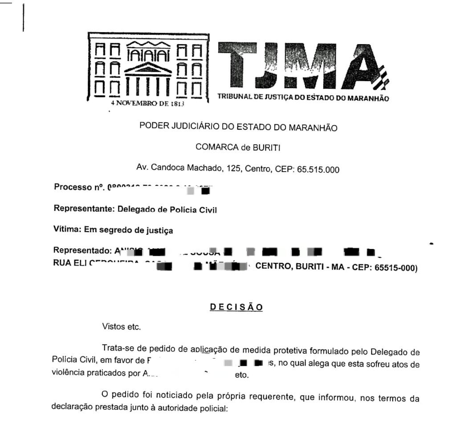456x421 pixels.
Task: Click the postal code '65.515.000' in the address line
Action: coord(321,168)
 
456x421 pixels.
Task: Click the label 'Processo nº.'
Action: coord(79,187)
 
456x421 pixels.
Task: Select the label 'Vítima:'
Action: coord(65,230)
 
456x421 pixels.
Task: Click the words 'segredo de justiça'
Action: coord(144,230)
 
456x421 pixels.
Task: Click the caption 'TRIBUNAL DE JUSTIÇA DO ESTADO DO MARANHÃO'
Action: coord(303,98)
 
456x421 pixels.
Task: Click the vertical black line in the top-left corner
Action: coord(23,17)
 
